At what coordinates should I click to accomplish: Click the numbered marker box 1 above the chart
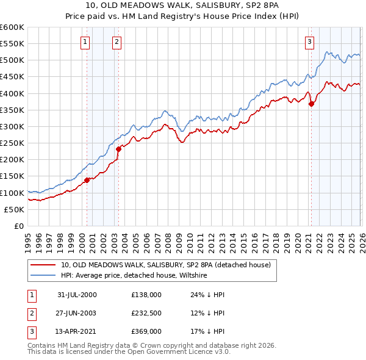pyautogui.click(x=84, y=42)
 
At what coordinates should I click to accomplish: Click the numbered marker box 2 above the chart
pyautogui.click(x=116, y=42)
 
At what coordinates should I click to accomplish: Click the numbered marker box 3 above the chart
pyautogui.click(x=309, y=42)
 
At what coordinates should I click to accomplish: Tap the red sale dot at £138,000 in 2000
pyautogui.click(x=87, y=180)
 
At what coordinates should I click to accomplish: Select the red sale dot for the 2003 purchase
pyautogui.click(x=118, y=149)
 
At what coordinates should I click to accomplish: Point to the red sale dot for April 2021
pyautogui.click(x=311, y=104)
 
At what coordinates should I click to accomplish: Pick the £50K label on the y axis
pyautogui.click(x=14, y=209)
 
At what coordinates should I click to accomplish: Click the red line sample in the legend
pyautogui.click(x=43, y=265)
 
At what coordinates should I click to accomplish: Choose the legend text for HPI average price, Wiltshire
pyautogui.click(x=134, y=276)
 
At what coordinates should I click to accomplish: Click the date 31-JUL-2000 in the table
pyautogui.click(x=77, y=295)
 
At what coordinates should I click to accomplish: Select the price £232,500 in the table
pyautogui.click(x=146, y=313)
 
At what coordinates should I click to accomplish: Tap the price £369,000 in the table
pyautogui.click(x=146, y=331)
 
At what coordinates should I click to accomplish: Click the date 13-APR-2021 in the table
pyautogui.click(x=77, y=331)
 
